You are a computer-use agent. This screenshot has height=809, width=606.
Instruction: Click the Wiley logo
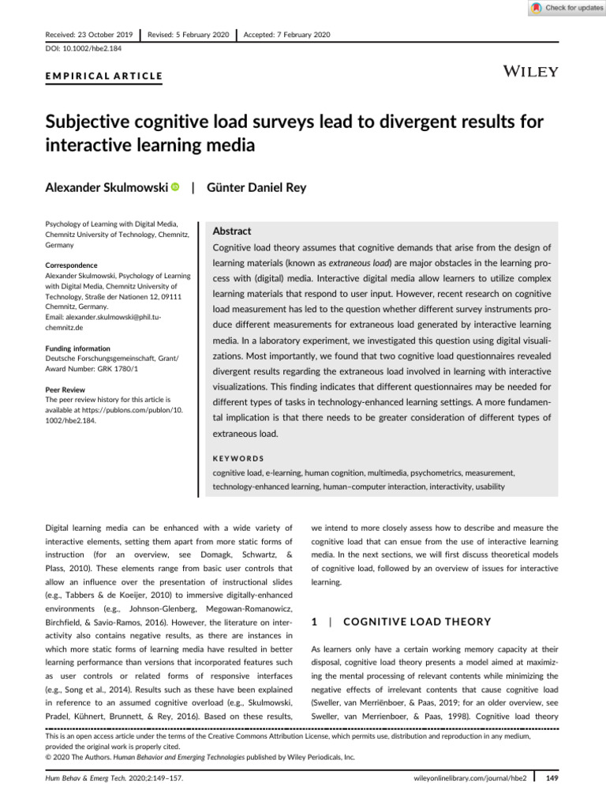click(x=530, y=72)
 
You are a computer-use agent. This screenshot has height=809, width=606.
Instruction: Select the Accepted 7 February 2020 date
click(x=287, y=35)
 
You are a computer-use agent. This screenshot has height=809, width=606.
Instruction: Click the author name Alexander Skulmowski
click(x=105, y=187)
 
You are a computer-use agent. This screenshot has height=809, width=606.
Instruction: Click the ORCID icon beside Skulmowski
click(x=174, y=187)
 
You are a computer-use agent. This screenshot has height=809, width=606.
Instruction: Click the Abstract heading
click(x=232, y=231)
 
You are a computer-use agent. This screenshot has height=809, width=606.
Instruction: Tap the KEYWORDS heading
click(x=238, y=457)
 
